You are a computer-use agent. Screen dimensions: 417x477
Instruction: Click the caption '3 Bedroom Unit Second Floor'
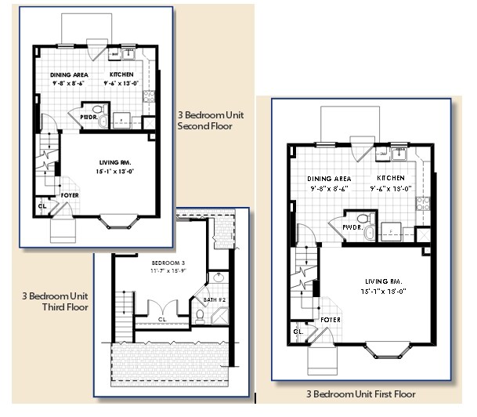click(x=205, y=120)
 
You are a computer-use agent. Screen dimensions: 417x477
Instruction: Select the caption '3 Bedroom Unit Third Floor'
click(x=55, y=302)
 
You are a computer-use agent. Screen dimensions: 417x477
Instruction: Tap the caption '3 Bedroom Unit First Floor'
click(x=362, y=394)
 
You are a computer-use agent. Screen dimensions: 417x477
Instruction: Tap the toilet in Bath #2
click(x=201, y=316)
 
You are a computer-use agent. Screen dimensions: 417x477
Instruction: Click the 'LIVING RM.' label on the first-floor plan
click(x=381, y=281)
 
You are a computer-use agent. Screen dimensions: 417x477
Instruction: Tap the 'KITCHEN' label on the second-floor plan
click(x=121, y=74)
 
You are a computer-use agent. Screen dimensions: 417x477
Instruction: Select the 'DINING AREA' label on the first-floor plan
click(x=329, y=179)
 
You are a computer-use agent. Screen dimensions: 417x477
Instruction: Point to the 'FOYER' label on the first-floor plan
click(x=331, y=320)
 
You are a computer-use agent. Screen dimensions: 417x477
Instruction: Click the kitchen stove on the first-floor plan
click(x=422, y=203)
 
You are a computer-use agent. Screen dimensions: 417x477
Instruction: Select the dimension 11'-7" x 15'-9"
click(x=166, y=270)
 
